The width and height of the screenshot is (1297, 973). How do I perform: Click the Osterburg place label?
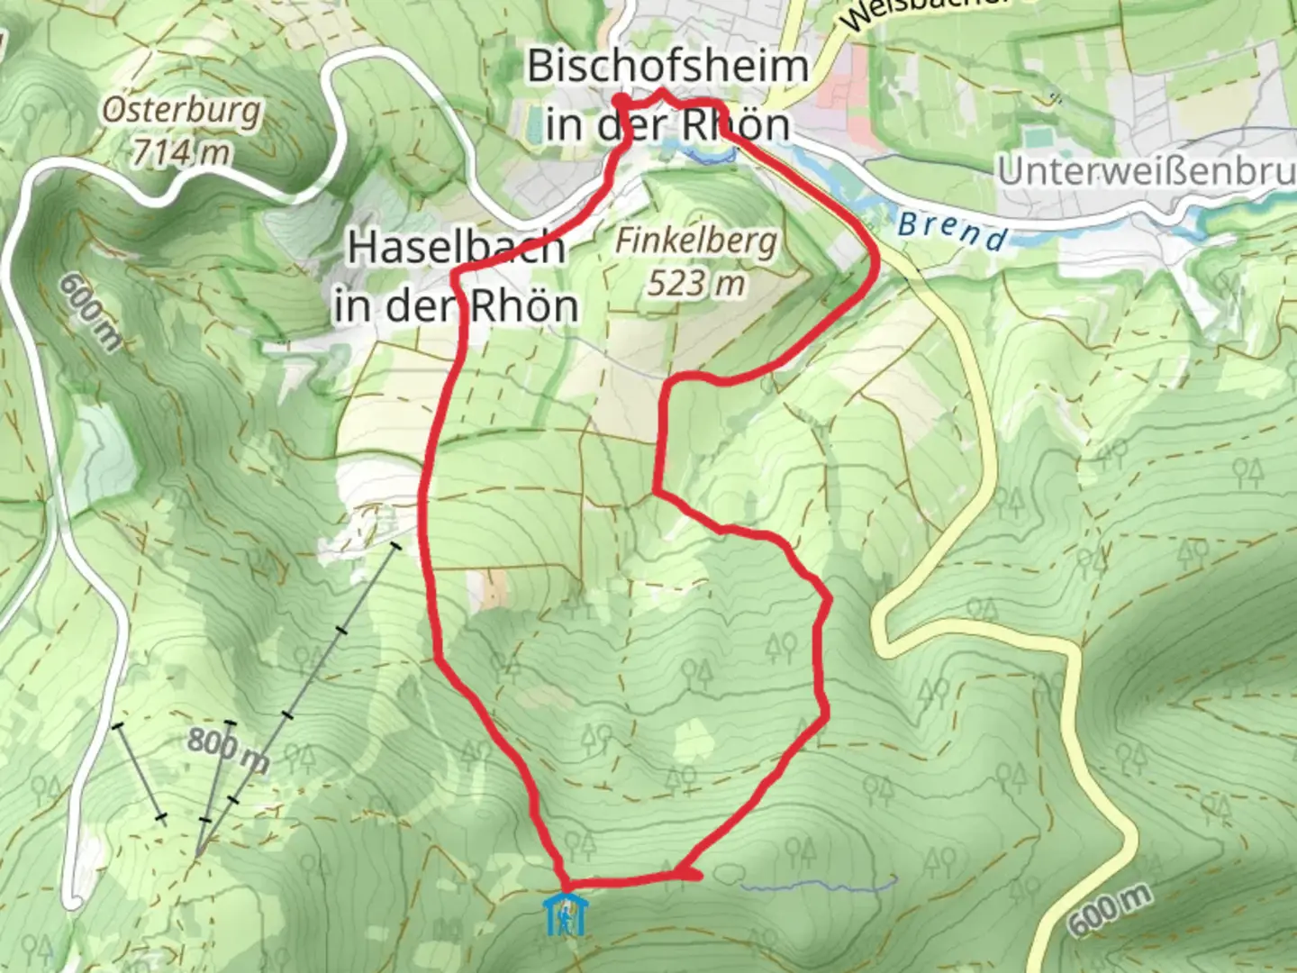click(181, 110)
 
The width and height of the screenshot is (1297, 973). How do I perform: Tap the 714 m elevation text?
click(181, 151)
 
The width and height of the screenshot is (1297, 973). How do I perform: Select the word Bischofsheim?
click(667, 67)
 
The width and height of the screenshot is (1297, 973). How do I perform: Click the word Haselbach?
click(456, 247)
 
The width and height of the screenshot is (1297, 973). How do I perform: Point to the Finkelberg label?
click(695, 241)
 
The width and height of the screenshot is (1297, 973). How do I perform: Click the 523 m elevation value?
click(696, 283)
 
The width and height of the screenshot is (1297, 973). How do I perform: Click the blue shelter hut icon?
click(566, 914)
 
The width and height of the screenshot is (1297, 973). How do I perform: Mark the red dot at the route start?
click(621, 101)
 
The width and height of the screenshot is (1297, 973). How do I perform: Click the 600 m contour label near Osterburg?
click(90, 311)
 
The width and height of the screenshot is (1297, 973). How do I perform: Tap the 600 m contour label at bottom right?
click(1110, 908)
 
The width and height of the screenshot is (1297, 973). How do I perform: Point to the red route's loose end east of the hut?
click(694, 873)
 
